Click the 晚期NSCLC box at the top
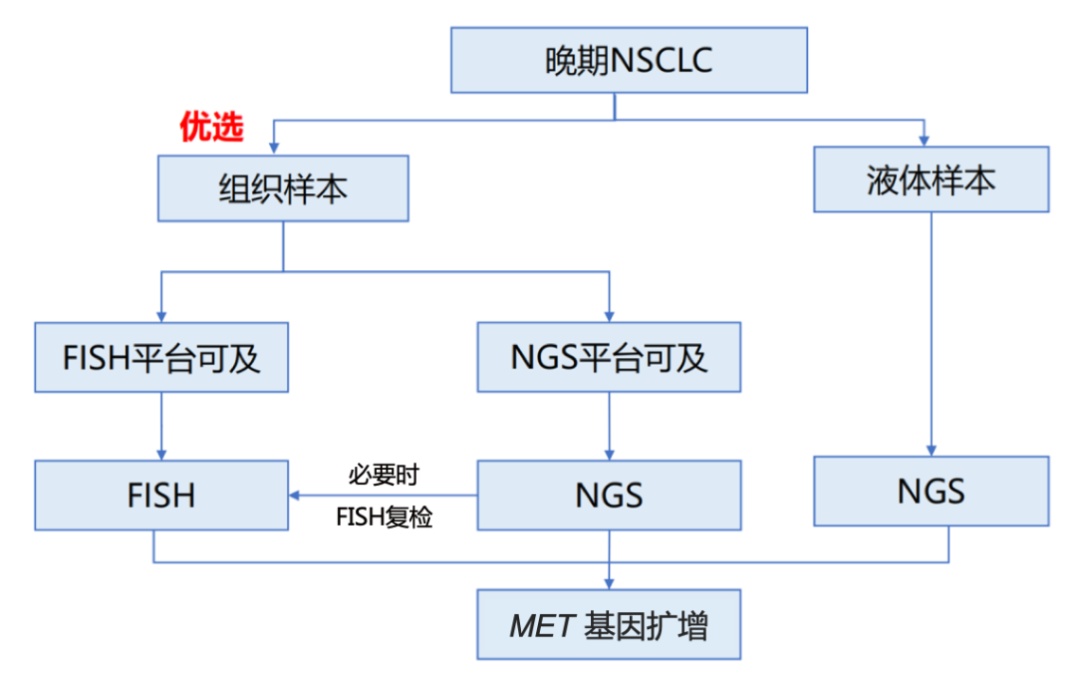(629, 60)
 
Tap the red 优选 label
(211, 127)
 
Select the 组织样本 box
(283, 187)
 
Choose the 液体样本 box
(931, 179)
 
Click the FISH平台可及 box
(161, 357)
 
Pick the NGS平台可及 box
(609, 357)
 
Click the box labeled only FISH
(161, 495)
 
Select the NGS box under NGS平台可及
(609, 495)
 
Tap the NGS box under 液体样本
(931, 491)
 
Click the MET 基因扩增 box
(609, 625)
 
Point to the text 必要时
(384, 473)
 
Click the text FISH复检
(384, 518)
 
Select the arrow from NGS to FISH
(384, 495)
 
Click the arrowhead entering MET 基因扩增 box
(609, 582)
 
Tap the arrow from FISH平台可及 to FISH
(161, 424)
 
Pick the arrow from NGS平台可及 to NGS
(609, 424)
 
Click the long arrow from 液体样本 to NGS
(931, 329)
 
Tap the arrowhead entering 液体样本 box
(925, 140)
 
